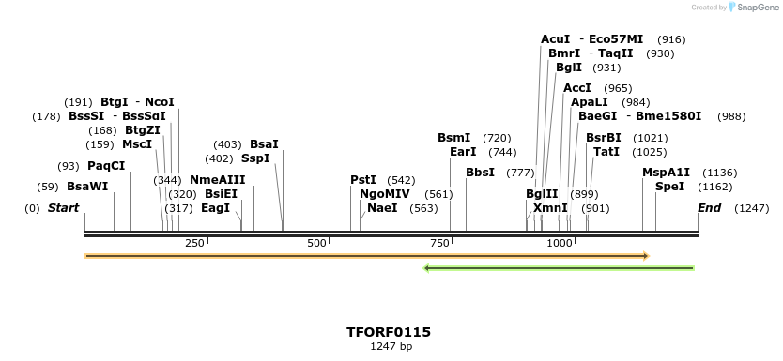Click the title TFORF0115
click(x=389, y=332)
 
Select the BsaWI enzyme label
click(x=87, y=187)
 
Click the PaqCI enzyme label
click(x=106, y=166)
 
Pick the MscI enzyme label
click(x=137, y=144)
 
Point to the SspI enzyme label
click(x=255, y=158)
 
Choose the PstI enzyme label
click(x=363, y=180)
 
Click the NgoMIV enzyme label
click(x=385, y=194)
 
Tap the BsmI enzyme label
click(x=454, y=138)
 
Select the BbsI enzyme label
click(x=480, y=173)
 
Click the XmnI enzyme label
click(x=550, y=208)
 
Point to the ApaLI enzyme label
click(x=590, y=102)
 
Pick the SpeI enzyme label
click(x=670, y=187)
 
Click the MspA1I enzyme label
click(x=667, y=173)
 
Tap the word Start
click(x=64, y=208)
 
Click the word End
click(x=710, y=208)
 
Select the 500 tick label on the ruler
click(x=317, y=244)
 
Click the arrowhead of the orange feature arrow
click(x=646, y=255)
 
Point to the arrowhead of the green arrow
click(x=428, y=268)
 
